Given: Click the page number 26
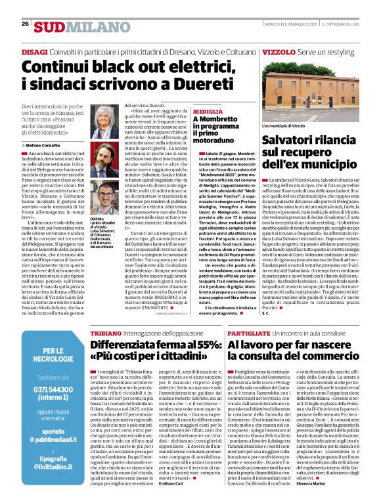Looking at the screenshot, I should [x=25, y=24].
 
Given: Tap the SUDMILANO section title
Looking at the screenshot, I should [x=74, y=26].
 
